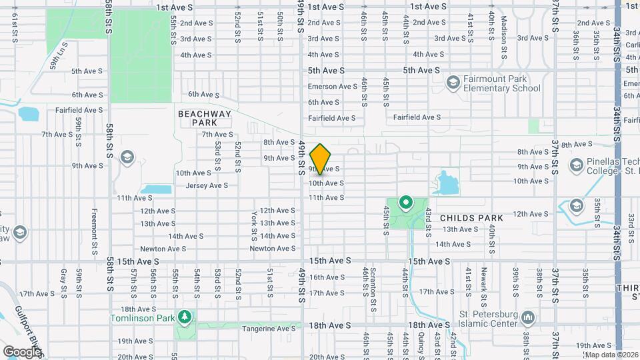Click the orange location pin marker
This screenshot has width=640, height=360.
pos(321,159)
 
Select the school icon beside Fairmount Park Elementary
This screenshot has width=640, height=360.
pos(453,82)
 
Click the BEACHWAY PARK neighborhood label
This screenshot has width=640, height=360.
pos(204,118)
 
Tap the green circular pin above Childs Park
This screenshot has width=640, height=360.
pos(405,202)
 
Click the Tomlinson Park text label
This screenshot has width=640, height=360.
pos(142,309)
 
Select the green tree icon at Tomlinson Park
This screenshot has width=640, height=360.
pos(184,315)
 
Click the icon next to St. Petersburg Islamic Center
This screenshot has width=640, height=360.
pos(528,316)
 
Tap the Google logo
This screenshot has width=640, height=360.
pos(22,351)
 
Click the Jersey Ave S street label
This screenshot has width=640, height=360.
pos(207,185)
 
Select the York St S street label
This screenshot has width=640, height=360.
pos(255,227)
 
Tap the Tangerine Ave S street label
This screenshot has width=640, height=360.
pos(269,328)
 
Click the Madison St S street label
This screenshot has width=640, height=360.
pos(504,29)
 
